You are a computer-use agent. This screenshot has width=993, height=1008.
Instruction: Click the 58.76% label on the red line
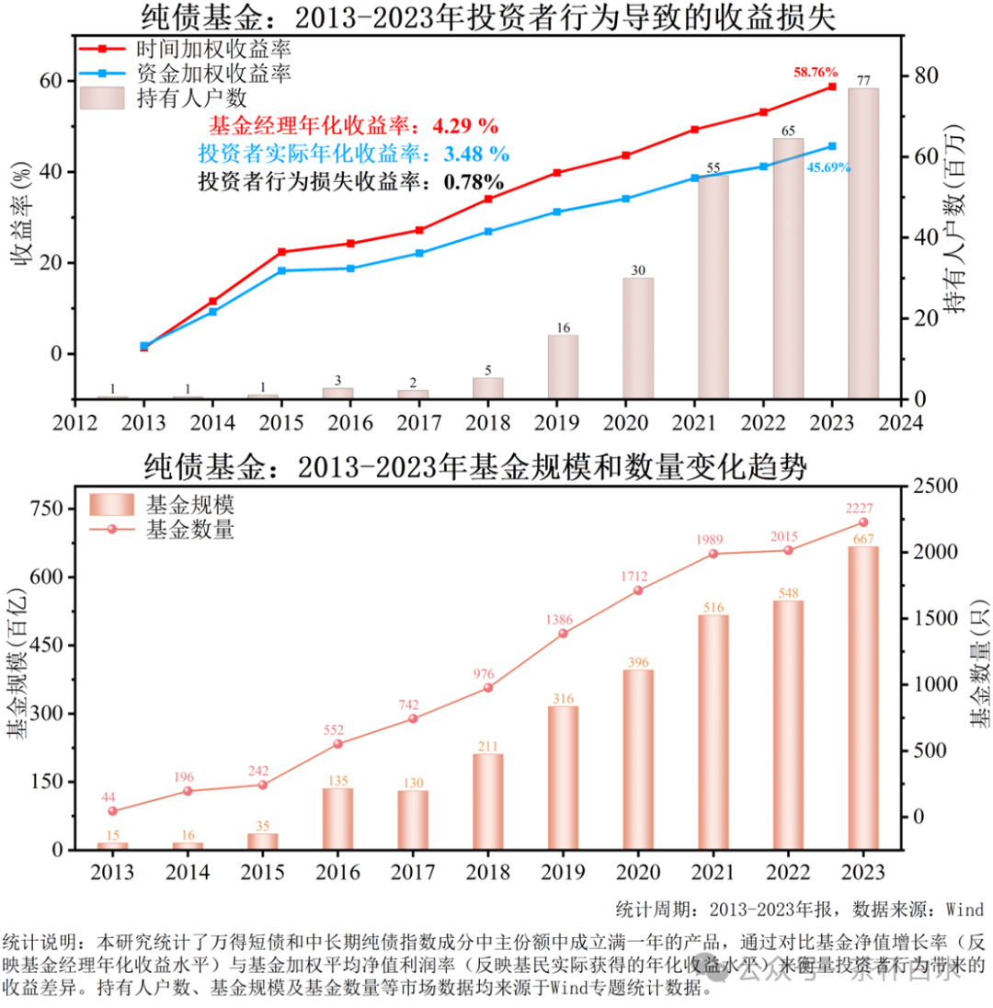pos(816,72)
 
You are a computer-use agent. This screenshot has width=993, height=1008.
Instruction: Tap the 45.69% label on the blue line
pos(827,167)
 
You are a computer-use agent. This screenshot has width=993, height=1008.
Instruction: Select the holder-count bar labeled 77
pos(863,244)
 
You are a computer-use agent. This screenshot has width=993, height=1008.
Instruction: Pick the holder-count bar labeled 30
pos(638,338)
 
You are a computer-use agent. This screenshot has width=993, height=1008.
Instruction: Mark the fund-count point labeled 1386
pos(563,633)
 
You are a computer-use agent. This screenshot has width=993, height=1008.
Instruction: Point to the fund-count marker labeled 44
pos(113,811)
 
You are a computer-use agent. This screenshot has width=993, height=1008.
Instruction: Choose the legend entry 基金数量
pos(188,529)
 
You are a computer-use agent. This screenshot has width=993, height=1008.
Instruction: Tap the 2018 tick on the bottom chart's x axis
pos(488,872)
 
